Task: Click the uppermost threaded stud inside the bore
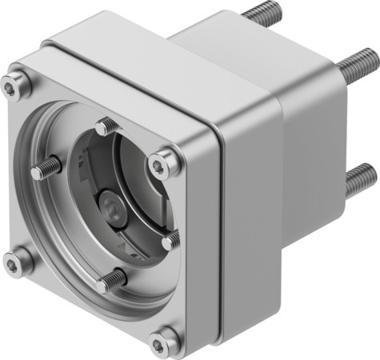pyautogui.click(x=105, y=126)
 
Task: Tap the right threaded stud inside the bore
pyautogui.click(x=170, y=239)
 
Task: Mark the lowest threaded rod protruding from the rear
pyautogui.click(x=360, y=178)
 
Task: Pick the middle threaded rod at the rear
pyautogui.click(x=359, y=66)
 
